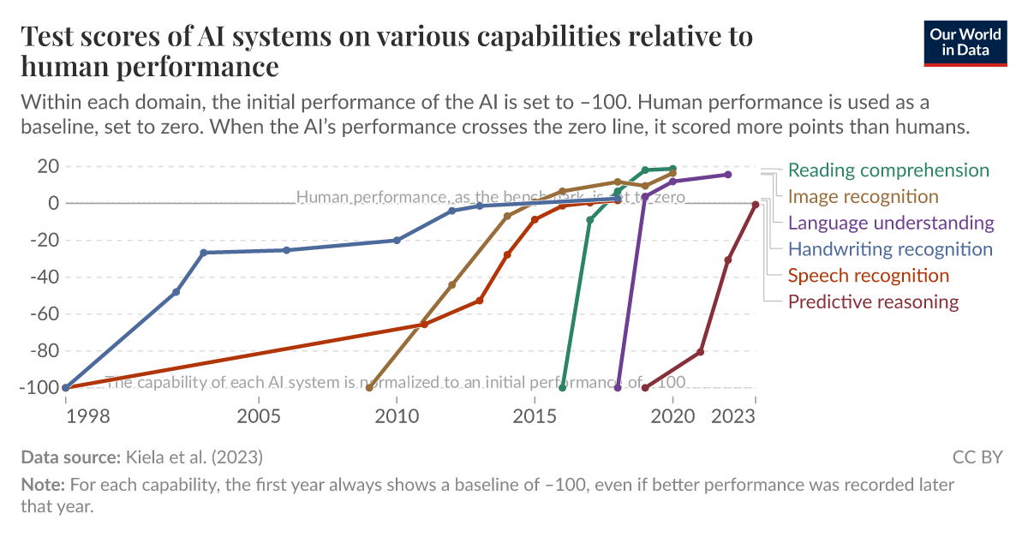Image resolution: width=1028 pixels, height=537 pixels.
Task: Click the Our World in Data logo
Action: (x=965, y=41)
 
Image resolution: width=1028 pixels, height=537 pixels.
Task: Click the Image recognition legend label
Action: (x=863, y=196)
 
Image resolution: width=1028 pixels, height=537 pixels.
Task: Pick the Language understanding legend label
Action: (x=891, y=223)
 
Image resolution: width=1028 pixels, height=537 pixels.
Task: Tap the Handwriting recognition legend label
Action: (x=890, y=249)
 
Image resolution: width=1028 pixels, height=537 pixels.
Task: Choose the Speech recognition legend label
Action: (x=868, y=276)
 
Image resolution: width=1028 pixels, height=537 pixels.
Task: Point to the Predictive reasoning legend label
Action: (x=873, y=301)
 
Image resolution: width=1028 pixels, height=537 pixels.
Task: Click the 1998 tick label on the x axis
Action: (x=66, y=416)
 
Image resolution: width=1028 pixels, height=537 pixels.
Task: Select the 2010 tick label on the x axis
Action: (x=397, y=416)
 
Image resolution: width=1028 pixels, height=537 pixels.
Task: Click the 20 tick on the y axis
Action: (x=48, y=166)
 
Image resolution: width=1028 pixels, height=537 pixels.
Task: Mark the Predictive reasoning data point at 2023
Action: (x=756, y=205)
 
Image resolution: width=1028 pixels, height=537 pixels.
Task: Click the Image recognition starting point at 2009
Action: (x=369, y=387)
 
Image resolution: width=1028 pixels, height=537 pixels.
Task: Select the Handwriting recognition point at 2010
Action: (x=397, y=240)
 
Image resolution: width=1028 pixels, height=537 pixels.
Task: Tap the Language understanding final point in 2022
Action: (x=728, y=174)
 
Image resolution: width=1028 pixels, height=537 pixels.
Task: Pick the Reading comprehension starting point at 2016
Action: (x=563, y=387)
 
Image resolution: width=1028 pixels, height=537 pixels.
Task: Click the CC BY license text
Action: (x=977, y=456)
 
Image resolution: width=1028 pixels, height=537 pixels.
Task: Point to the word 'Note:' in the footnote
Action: (x=43, y=485)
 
